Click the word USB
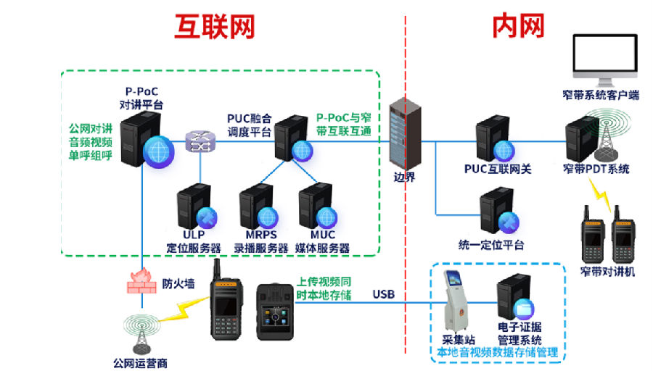(x=385, y=294)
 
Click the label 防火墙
(x=178, y=283)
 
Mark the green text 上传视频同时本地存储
(x=324, y=288)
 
